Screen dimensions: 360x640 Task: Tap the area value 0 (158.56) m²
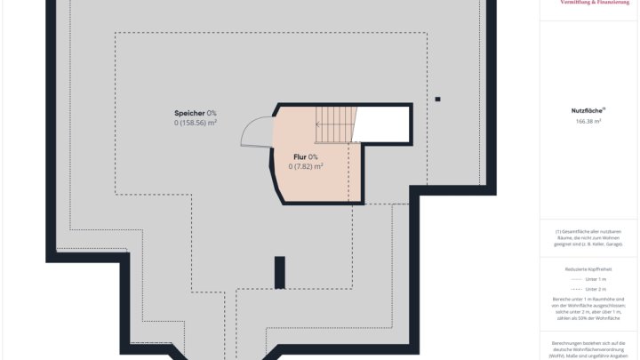(x=196, y=123)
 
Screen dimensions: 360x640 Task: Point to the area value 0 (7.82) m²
(x=305, y=166)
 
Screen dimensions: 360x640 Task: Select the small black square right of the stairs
(x=436, y=98)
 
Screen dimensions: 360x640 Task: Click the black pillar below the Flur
(x=279, y=272)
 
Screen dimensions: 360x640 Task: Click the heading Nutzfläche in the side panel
(x=588, y=110)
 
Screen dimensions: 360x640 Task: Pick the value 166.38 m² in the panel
(x=588, y=121)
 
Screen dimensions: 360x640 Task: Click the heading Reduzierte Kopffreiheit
(x=588, y=268)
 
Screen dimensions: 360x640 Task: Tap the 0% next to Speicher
(x=212, y=113)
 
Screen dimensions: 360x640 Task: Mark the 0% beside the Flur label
(x=313, y=156)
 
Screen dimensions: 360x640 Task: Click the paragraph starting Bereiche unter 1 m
(x=588, y=309)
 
